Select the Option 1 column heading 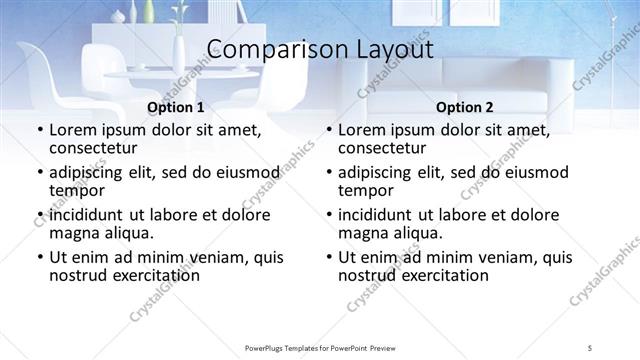tap(175, 107)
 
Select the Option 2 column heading tap(464, 107)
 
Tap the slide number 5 tap(590, 347)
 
